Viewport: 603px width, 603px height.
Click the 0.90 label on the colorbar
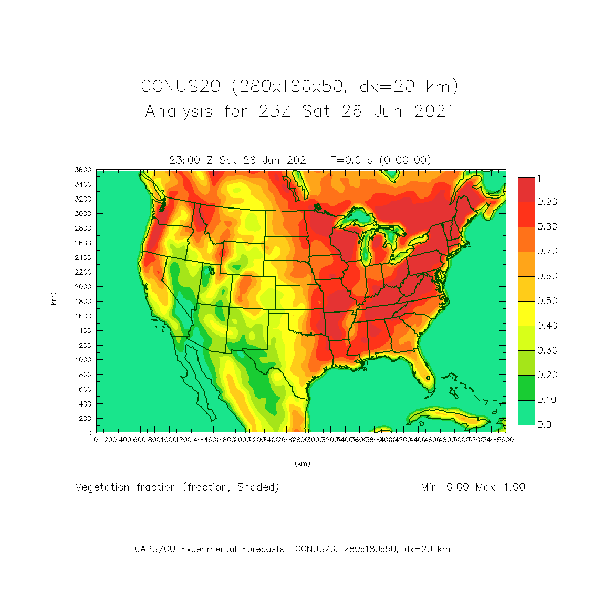pyautogui.click(x=547, y=202)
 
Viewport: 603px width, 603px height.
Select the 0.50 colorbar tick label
pyautogui.click(x=547, y=301)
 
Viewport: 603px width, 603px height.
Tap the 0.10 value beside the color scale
pyautogui.click(x=547, y=400)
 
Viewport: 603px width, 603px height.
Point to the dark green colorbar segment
pyautogui.click(x=526, y=388)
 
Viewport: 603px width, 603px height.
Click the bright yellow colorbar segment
pyautogui.click(x=526, y=314)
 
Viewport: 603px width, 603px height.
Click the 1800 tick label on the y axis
pyautogui.click(x=84, y=301)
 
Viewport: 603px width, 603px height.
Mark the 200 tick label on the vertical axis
pyautogui.click(x=86, y=419)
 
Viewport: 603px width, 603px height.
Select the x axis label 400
pyautogui.click(x=124, y=440)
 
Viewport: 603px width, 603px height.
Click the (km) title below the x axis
pyautogui.click(x=302, y=463)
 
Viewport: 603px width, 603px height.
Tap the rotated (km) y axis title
pyautogui.click(x=53, y=300)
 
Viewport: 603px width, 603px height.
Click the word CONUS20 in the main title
pyautogui.click(x=180, y=86)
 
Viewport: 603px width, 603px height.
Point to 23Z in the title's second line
pyautogui.click(x=274, y=111)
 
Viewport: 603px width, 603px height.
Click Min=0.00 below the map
pyautogui.click(x=445, y=487)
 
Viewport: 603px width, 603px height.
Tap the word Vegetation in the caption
pyautogui.click(x=102, y=487)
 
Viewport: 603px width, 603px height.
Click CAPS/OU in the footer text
pyautogui.click(x=155, y=549)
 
